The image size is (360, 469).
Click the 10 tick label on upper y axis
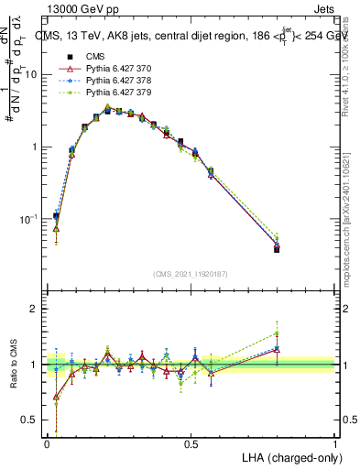point(31,75)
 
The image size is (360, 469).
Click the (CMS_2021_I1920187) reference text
point(191,273)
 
